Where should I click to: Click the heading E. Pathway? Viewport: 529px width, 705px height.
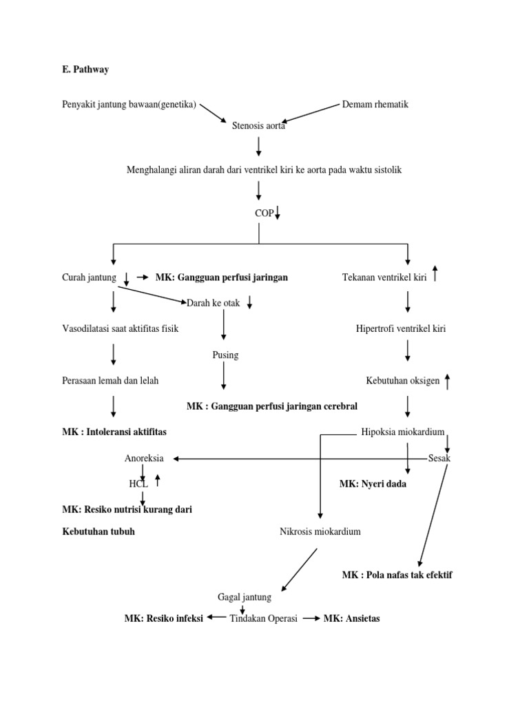click(86, 70)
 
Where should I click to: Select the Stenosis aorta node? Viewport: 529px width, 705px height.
click(259, 127)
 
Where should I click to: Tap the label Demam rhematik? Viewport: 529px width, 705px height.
click(375, 105)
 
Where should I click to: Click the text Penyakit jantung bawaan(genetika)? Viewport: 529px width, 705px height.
click(129, 105)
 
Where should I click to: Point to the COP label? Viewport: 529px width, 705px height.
click(264, 213)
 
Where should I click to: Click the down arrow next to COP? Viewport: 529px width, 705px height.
click(278, 213)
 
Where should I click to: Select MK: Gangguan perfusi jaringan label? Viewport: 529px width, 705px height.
click(221, 277)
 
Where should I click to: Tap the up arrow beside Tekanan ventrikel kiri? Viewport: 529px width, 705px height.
click(435, 275)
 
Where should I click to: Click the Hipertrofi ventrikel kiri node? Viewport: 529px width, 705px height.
click(401, 328)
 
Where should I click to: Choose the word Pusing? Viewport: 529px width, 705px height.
click(225, 355)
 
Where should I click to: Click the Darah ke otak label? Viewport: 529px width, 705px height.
click(214, 303)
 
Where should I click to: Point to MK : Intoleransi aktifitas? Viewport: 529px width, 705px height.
click(114, 432)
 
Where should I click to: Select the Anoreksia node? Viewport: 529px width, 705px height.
click(144, 458)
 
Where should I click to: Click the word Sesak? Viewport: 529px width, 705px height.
click(439, 458)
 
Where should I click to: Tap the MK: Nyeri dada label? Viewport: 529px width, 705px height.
click(373, 484)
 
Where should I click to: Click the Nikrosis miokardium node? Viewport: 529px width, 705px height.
click(320, 532)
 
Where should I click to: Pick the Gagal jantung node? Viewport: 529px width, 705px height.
click(245, 597)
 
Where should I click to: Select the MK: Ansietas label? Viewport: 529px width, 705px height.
click(351, 618)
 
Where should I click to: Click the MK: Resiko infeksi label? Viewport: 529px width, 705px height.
click(163, 618)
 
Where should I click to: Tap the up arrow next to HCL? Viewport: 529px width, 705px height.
click(158, 480)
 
